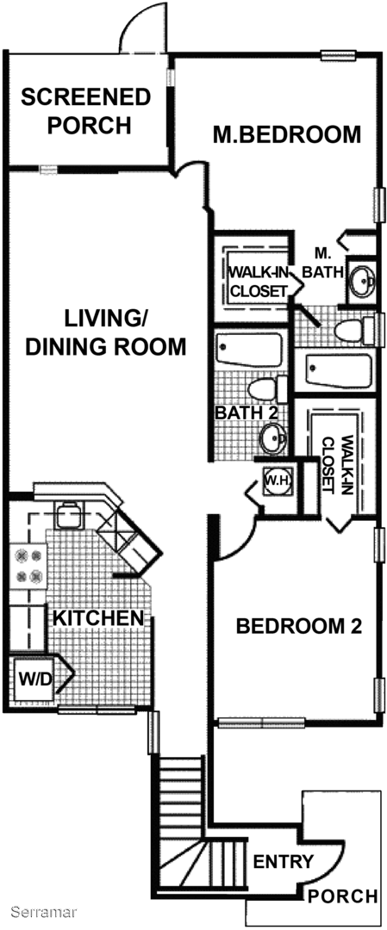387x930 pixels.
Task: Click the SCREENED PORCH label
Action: [x=85, y=111]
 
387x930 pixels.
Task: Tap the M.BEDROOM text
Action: [x=287, y=134]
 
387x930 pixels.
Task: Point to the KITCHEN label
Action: [x=99, y=618]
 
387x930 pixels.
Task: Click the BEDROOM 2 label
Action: [x=299, y=626]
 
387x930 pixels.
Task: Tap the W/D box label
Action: [x=35, y=677]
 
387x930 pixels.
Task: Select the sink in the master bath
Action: [x=362, y=279]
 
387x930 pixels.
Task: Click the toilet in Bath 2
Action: [x=266, y=389]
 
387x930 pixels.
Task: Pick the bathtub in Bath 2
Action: [x=250, y=350]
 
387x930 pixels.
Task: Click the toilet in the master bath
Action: [x=355, y=331]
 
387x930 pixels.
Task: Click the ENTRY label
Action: [x=283, y=861]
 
